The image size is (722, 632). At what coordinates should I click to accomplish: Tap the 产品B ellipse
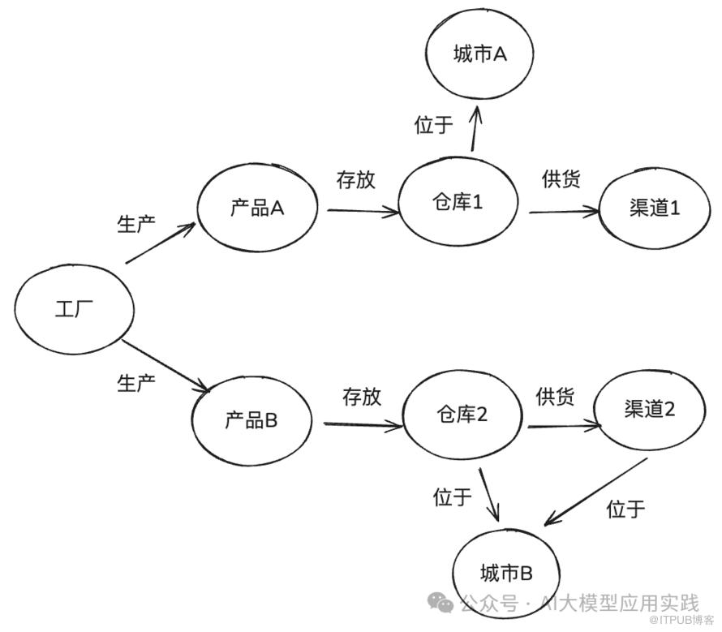(251, 420)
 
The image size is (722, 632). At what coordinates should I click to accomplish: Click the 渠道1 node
(654, 209)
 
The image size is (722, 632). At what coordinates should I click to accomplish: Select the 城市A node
(479, 54)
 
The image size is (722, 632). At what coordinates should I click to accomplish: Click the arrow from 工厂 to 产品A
(161, 243)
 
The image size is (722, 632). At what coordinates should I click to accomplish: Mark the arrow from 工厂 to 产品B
(165, 366)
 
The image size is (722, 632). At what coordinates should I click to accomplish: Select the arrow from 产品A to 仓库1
(363, 211)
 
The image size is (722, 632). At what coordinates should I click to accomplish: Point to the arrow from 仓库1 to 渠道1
(564, 213)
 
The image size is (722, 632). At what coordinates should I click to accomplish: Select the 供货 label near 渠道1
(561, 179)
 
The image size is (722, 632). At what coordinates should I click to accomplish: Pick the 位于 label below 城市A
(434, 125)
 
